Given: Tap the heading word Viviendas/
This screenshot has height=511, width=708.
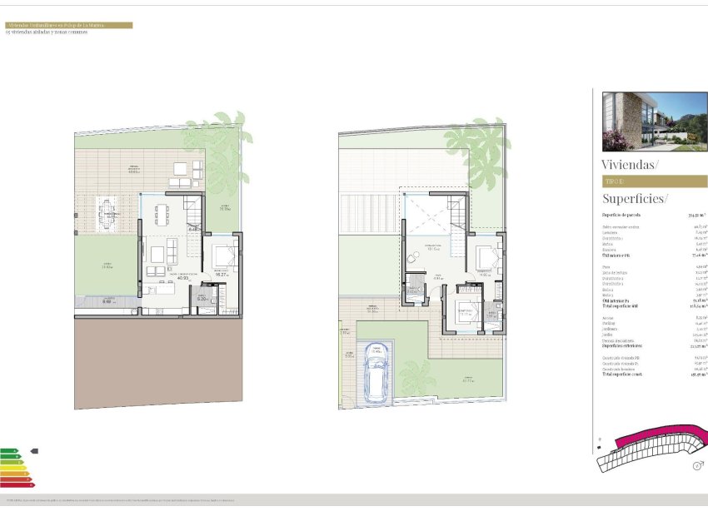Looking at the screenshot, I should pyautogui.click(x=629, y=165).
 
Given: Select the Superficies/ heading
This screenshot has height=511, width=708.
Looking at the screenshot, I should pyautogui.click(x=635, y=199).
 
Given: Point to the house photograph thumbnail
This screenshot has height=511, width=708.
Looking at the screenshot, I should pyautogui.click(x=654, y=120).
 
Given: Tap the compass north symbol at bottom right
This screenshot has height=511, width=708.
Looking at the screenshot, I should pyautogui.click(x=696, y=466).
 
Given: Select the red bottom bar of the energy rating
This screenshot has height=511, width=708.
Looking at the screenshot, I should pyautogui.click(x=15, y=485).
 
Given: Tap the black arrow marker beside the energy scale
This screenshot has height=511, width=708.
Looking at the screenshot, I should pyautogui.click(x=33, y=451).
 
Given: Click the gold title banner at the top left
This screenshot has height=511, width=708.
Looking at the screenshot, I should pyautogui.click(x=68, y=25).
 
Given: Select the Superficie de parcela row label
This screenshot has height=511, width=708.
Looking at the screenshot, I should pyautogui.click(x=621, y=215).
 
